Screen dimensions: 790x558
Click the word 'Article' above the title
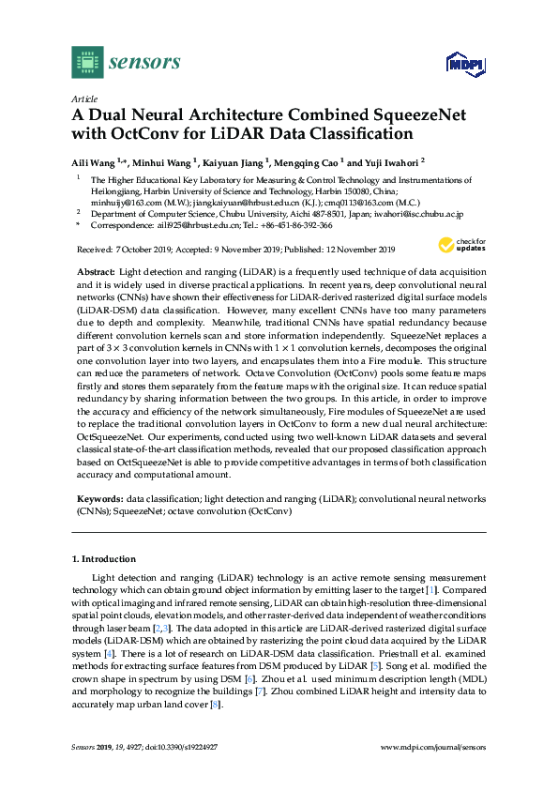(x=84, y=99)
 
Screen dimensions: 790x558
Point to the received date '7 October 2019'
(x=146, y=250)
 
